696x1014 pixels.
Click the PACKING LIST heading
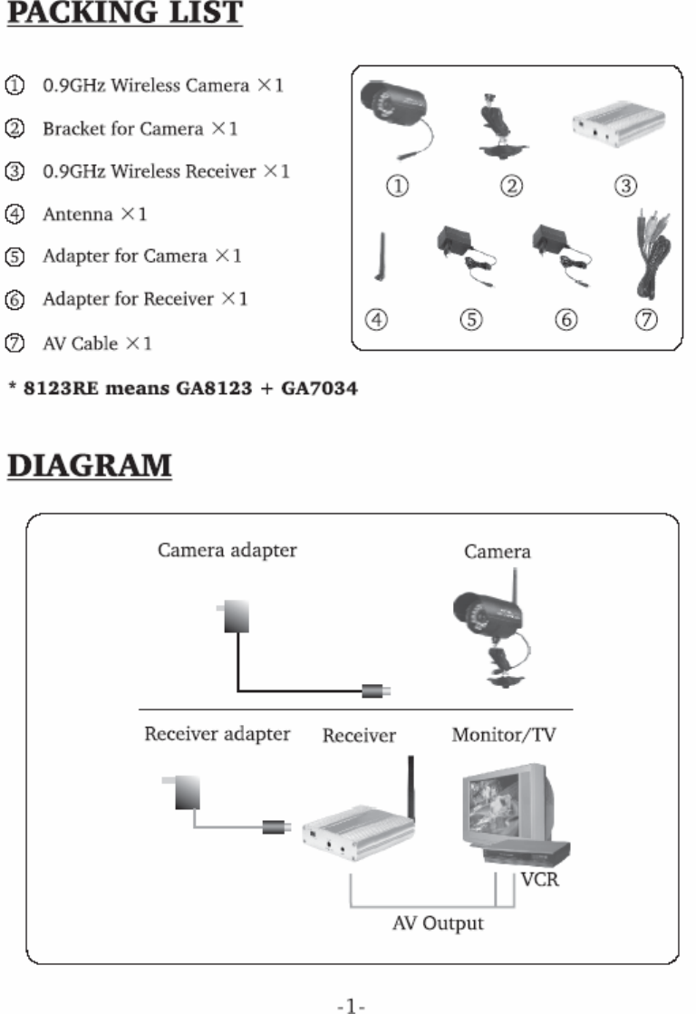pyautogui.click(x=125, y=15)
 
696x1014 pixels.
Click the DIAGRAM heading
pyautogui.click(x=91, y=465)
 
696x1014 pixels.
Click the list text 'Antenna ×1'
pyautogui.click(x=94, y=215)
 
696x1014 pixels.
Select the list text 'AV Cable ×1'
pyautogui.click(x=97, y=344)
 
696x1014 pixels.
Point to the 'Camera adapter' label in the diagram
pyautogui.click(x=227, y=550)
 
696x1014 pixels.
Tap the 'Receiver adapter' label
pyautogui.click(x=217, y=734)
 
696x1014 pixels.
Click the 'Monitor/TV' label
pyautogui.click(x=504, y=735)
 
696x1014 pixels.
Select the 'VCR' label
pyautogui.click(x=540, y=879)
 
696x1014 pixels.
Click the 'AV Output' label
pyautogui.click(x=438, y=923)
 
